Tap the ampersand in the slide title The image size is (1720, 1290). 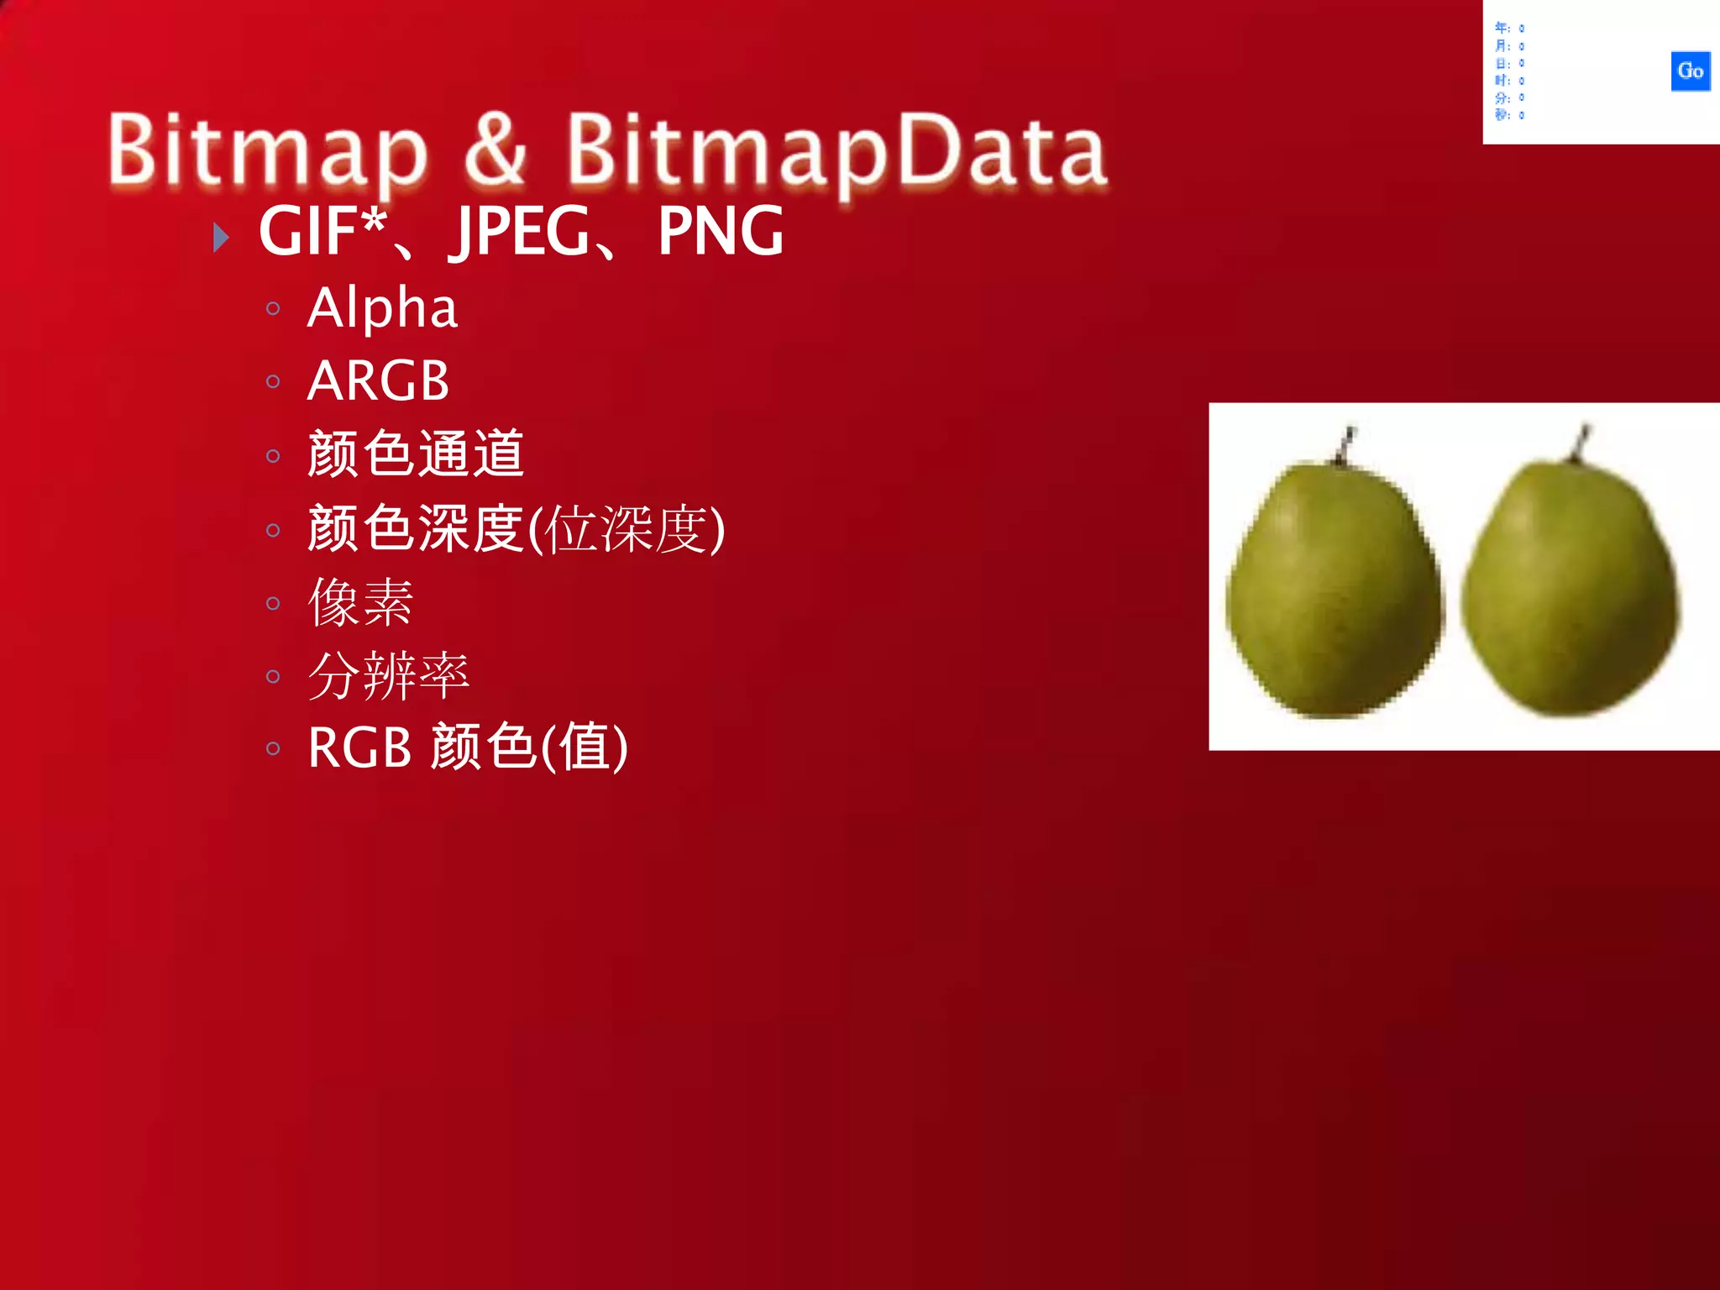[496, 149]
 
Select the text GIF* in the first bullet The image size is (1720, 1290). [322, 231]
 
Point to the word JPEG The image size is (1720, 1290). [522, 231]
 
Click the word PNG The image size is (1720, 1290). [721, 231]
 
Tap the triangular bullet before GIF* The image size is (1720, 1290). [221, 238]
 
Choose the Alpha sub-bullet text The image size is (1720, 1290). [382, 307]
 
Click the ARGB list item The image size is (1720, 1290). [378, 380]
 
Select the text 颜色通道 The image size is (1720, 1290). [416, 454]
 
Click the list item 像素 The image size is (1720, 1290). [361, 602]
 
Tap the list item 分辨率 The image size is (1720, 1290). [388, 675]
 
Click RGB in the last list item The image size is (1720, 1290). [359, 747]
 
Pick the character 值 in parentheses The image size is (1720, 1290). [585, 747]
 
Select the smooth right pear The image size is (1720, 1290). [1571, 588]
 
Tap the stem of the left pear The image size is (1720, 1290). [1346, 444]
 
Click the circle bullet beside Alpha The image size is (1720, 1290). [272, 309]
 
